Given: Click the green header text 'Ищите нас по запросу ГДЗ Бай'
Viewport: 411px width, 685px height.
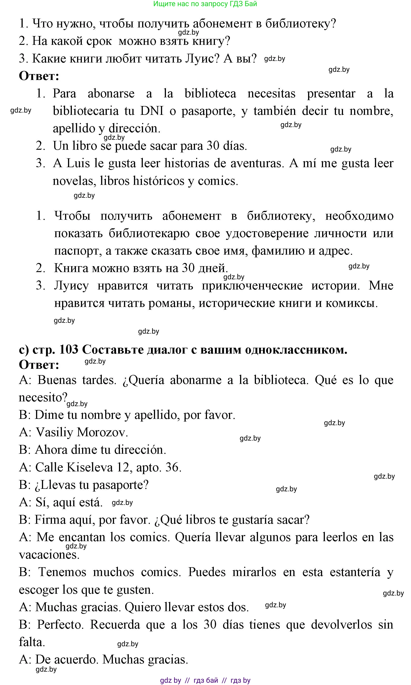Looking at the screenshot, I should point(205,4).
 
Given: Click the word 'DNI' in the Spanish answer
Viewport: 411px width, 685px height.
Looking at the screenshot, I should point(151,111).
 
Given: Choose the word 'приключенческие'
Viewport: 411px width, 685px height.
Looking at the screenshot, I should point(252,285).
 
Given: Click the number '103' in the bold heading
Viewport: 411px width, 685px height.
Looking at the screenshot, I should point(69,350).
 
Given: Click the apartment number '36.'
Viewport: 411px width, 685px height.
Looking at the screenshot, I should point(173,467).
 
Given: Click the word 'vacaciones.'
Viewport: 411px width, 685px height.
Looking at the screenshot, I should point(49,555).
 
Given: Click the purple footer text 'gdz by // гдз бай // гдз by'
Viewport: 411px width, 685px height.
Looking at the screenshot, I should point(205,680).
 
